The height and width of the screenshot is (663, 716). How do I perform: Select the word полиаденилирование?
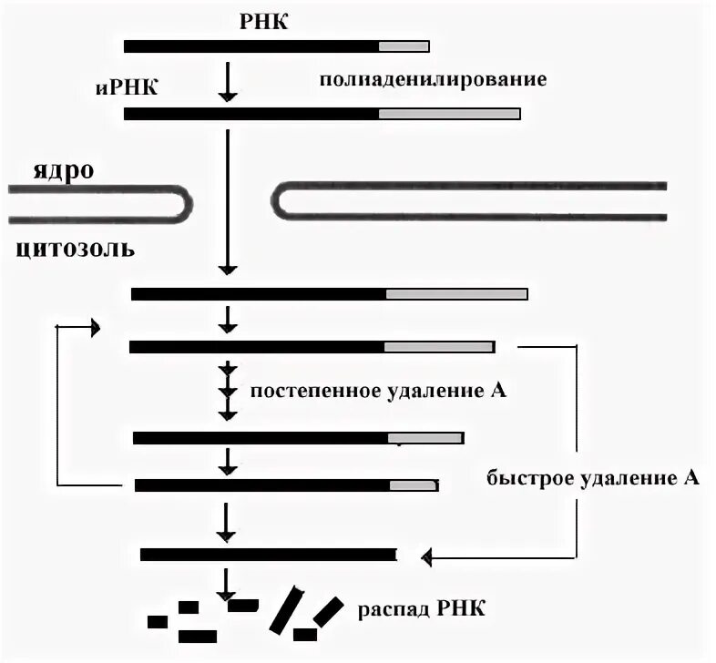[x=433, y=79]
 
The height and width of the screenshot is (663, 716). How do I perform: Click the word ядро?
[x=64, y=171]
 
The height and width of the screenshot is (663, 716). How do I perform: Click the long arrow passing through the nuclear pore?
[x=227, y=200]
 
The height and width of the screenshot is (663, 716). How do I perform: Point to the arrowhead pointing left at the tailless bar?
[x=425, y=555]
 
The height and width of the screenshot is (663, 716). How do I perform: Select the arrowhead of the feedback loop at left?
[x=95, y=328]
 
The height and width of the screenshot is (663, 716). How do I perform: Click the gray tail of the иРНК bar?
[x=448, y=114]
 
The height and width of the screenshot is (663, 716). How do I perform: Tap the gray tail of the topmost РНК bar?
[x=403, y=46]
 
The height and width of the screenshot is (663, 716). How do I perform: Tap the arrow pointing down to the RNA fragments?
[x=227, y=583]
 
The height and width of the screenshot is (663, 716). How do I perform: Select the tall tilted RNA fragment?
[x=288, y=609]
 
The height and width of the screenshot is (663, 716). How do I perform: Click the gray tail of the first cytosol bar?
[x=455, y=294]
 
